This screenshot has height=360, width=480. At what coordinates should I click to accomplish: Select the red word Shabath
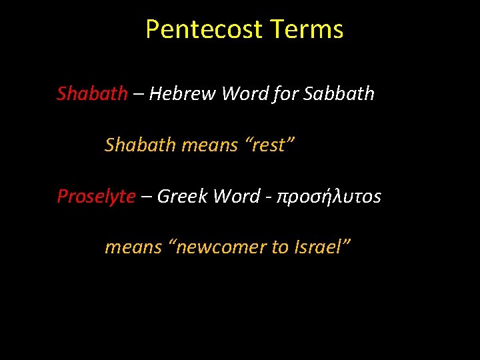coord(92,93)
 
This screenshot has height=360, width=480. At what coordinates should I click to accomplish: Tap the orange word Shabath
coord(140,145)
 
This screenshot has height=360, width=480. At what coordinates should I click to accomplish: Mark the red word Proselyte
coord(96,196)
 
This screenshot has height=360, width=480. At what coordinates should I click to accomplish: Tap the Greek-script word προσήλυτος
coord(329,197)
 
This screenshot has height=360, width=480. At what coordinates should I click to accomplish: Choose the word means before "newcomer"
coord(133,247)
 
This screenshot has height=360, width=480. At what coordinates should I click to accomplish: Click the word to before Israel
coord(279,247)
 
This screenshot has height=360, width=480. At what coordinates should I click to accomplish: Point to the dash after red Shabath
coord(137,95)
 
